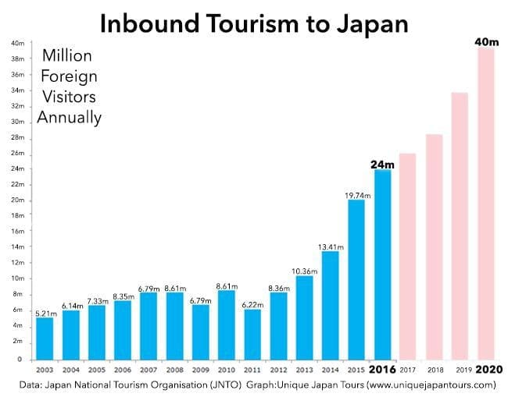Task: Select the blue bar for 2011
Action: pyautogui.click(x=252, y=331)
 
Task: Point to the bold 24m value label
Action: pyautogui.click(x=381, y=164)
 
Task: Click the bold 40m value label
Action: pyautogui.click(x=486, y=42)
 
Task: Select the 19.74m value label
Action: pyautogui.click(x=356, y=193)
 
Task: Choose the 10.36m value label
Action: pyautogui.click(x=304, y=270)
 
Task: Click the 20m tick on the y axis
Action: pyautogui.click(x=18, y=200)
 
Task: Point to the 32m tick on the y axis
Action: pyautogui.click(x=18, y=107)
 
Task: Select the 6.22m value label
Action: pyautogui.click(x=252, y=303)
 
